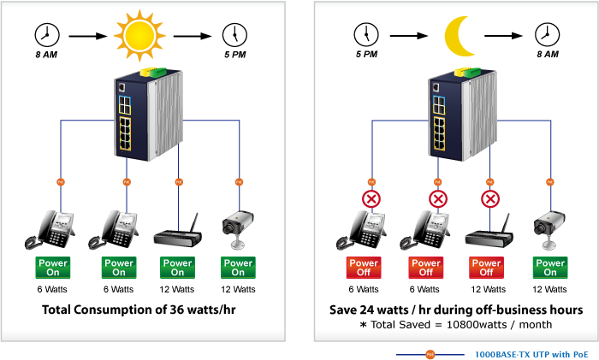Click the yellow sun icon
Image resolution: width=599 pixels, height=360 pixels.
139,36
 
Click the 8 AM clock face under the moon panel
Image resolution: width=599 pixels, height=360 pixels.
547,35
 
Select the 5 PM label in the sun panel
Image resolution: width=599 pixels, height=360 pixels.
235,55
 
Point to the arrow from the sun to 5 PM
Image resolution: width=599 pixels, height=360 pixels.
193,36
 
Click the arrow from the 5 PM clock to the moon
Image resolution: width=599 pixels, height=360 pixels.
409,36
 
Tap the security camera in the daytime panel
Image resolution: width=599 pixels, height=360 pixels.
238,229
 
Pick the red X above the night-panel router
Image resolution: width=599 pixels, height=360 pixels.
490,199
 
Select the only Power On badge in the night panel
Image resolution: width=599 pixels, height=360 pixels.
550,268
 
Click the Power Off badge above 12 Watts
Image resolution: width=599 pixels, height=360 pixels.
486,268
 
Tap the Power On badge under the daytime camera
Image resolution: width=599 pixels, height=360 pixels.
238,268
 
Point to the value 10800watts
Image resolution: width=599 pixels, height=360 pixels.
477,324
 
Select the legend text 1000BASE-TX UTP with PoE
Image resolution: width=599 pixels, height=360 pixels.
531,354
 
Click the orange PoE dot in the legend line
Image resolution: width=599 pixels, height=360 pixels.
430,355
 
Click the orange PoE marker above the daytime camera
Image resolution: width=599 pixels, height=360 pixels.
239,182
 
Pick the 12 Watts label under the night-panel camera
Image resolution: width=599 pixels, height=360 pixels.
549,289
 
